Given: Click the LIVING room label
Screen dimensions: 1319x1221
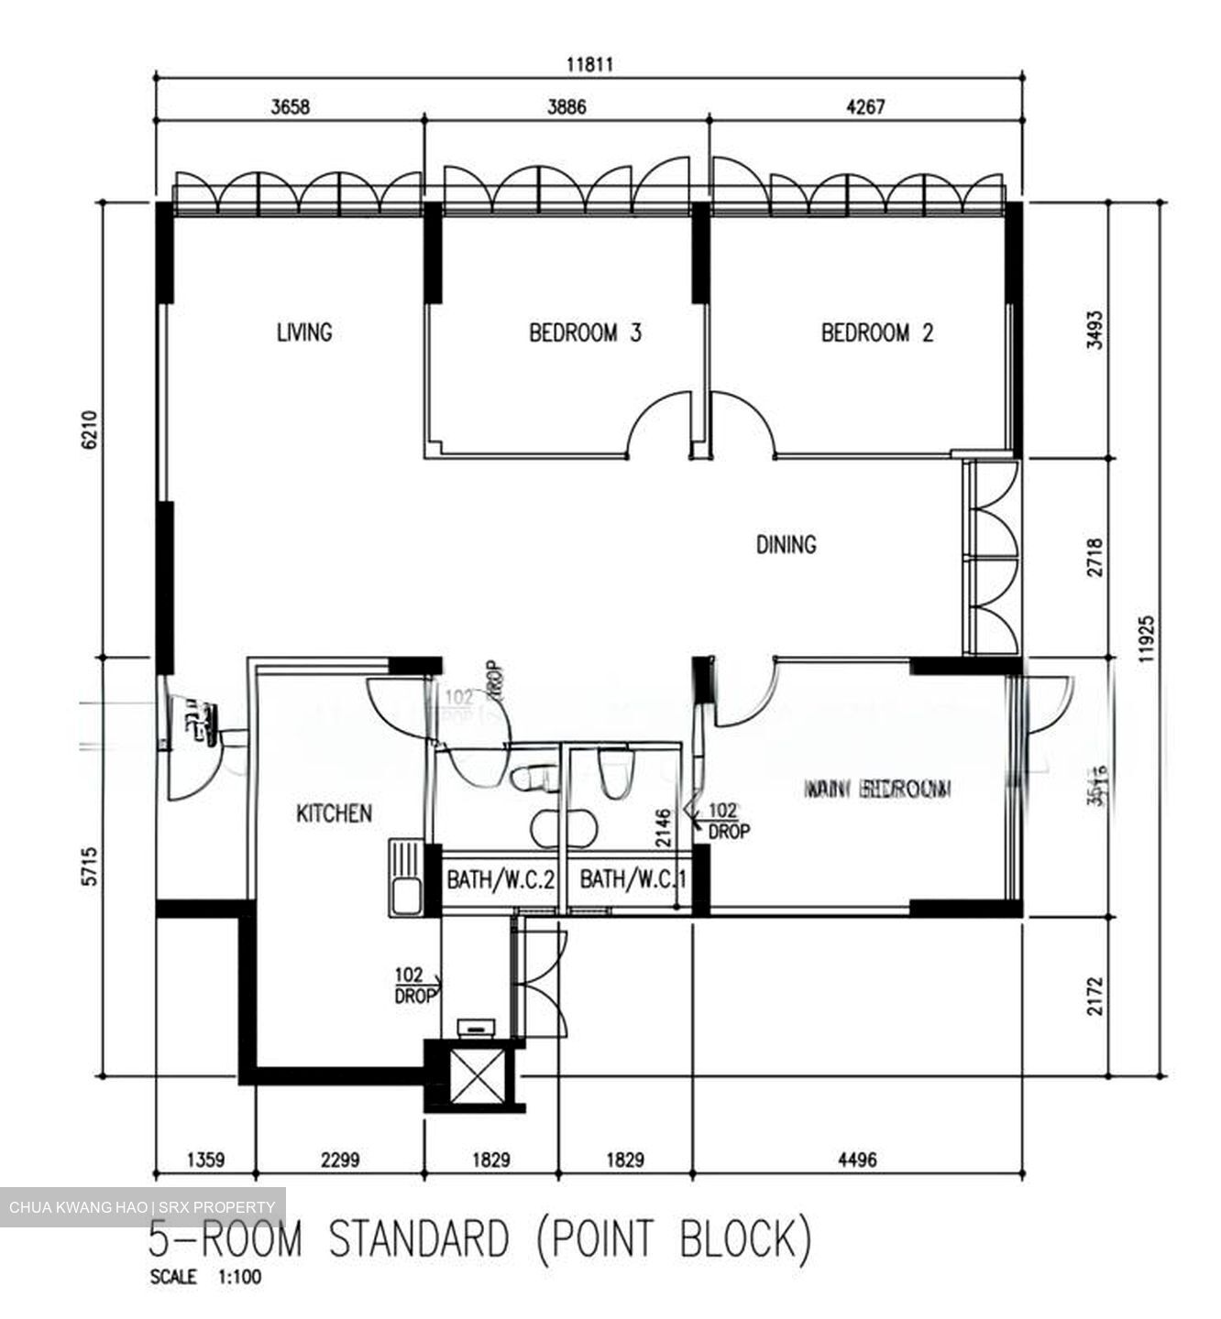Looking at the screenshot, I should (304, 332).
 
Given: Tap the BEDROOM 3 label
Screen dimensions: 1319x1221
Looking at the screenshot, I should (585, 332).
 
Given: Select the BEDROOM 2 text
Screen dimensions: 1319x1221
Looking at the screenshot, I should (876, 332).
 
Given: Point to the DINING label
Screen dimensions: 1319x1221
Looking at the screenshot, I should (786, 545).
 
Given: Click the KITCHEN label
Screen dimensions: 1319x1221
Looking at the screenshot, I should (334, 813).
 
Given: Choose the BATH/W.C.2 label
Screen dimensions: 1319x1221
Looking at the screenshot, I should (500, 880).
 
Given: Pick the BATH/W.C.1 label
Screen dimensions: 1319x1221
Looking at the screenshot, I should (633, 880).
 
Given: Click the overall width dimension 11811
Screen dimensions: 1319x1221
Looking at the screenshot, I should (588, 65).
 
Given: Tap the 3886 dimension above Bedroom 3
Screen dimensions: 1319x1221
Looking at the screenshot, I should (566, 107).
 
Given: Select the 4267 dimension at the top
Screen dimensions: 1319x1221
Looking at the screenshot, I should (864, 107).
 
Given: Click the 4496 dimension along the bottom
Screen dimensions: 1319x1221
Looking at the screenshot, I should (856, 1160).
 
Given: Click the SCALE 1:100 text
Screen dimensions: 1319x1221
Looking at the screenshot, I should (205, 1278).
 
